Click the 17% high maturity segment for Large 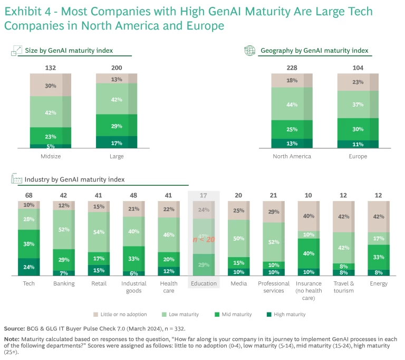tap(117, 142)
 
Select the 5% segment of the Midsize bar tap(51, 146)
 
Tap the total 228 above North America tap(292, 67)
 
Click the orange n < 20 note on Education tap(204, 240)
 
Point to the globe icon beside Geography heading tap(249, 51)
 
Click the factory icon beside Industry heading tap(16, 179)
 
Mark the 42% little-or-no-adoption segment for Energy tap(379, 216)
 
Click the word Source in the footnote tap(15, 328)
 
